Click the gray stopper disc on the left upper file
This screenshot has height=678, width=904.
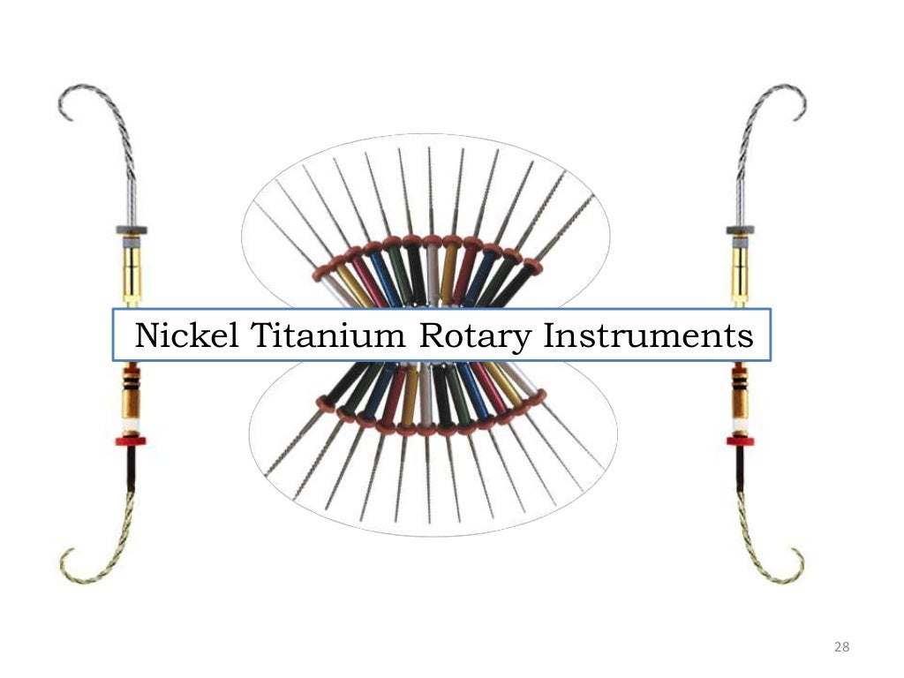click(132, 230)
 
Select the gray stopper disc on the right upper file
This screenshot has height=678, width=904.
click(740, 230)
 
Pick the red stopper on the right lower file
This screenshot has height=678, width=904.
click(740, 440)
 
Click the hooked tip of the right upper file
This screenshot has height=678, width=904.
click(802, 111)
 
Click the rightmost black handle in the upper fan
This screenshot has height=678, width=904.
click(516, 282)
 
